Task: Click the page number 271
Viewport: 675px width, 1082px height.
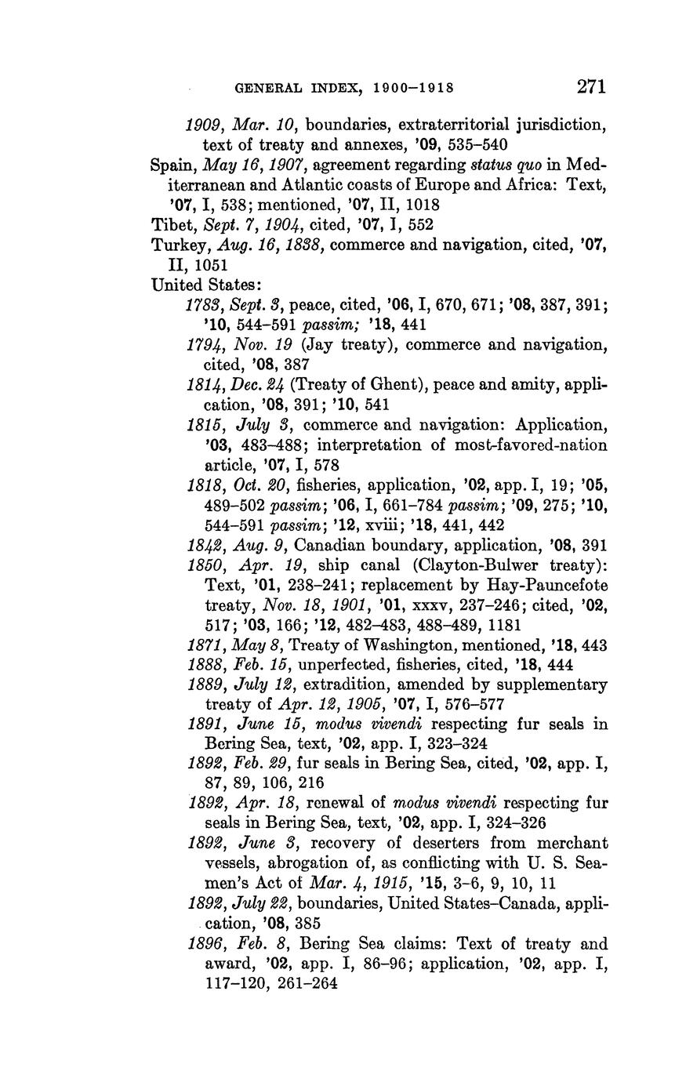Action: pos(591,86)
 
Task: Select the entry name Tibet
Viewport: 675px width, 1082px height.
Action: pos(170,224)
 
